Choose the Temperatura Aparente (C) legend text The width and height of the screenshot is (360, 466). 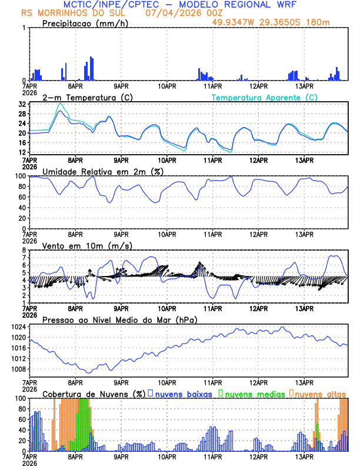pyautogui.click(x=265, y=97)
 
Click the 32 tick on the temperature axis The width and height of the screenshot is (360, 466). pyautogui.click(x=22, y=104)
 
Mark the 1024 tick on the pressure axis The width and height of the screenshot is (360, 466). pyautogui.click(x=19, y=327)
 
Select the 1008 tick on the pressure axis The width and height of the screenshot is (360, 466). pyautogui.click(x=19, y=369)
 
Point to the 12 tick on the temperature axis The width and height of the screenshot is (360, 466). pyautogui.click(x=22, y=152)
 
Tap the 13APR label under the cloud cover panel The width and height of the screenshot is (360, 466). pyautogui.click(x=304, y=456)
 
